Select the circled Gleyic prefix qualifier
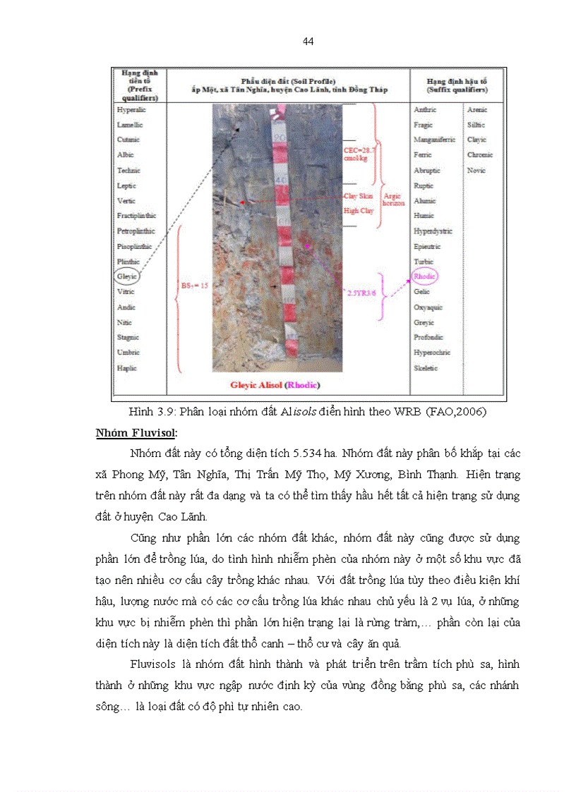coord(127,277)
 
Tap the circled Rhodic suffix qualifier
coord(425,276)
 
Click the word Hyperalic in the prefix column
coord(131,110)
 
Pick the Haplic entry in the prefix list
coord(127,368)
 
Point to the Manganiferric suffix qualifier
coord(434,140)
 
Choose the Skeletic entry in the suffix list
coord(426,368)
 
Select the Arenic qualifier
coord(477,110)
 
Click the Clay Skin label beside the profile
coord(359,196)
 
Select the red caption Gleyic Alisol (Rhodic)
coord(275,385)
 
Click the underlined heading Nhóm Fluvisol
coord(136,432)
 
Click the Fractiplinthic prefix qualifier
coord(137,216)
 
